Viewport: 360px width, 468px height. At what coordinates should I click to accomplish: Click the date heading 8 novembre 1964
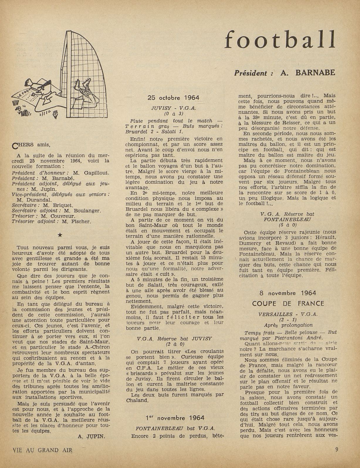point(288,293)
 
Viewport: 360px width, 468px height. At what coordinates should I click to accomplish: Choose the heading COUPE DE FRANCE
point(288,303)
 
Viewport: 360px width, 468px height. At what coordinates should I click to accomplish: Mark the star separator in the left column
point(60,234)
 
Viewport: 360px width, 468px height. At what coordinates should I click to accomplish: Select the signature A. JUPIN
point(91,436)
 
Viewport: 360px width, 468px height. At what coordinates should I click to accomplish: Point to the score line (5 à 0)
point(288,225)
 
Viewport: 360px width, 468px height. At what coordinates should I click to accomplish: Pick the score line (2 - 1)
point(288,320)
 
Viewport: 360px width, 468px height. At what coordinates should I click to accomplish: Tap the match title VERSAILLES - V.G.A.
point(288,314)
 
